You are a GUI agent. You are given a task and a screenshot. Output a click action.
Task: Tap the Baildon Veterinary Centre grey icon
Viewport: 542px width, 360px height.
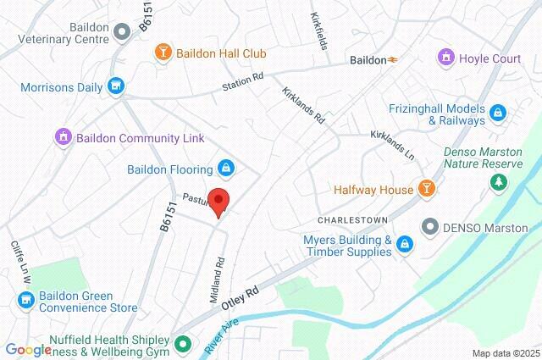[x=122, y=31]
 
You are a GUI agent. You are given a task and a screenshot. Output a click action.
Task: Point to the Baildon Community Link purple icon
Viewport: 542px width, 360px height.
[x=61, y=136]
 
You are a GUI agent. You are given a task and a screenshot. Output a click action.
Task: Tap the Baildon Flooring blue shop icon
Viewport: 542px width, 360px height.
[x=225, y=165]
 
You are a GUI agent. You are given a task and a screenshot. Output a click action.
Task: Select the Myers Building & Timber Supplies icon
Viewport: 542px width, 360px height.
[x=406, y=246]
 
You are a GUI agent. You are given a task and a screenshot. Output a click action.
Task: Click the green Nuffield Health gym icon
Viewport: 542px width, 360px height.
[x=181, y=344]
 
